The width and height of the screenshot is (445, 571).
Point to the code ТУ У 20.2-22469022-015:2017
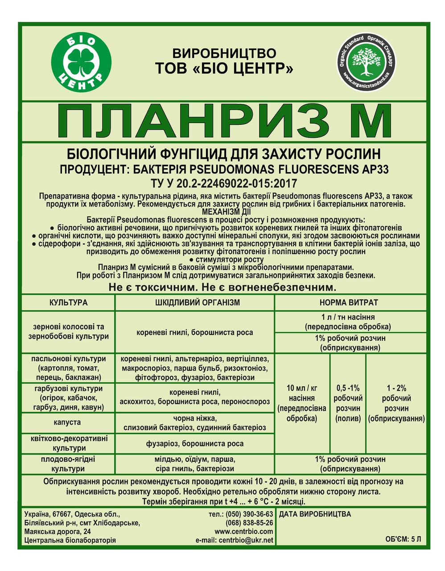pos(224,184)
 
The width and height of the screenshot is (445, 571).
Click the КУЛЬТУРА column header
pos(68,303)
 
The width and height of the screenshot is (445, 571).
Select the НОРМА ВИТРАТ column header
pos(349,303)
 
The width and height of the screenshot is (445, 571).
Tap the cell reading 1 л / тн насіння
pos(349,322)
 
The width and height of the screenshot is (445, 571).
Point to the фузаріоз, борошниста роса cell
pos(195,443)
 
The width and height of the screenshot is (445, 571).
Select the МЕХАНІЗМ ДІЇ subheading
pos(223,211)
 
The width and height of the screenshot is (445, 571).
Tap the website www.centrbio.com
pos(244,532)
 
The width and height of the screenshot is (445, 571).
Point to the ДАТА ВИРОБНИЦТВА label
pos(314,514)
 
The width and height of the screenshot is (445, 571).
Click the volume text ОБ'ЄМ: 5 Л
pos(403,539)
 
